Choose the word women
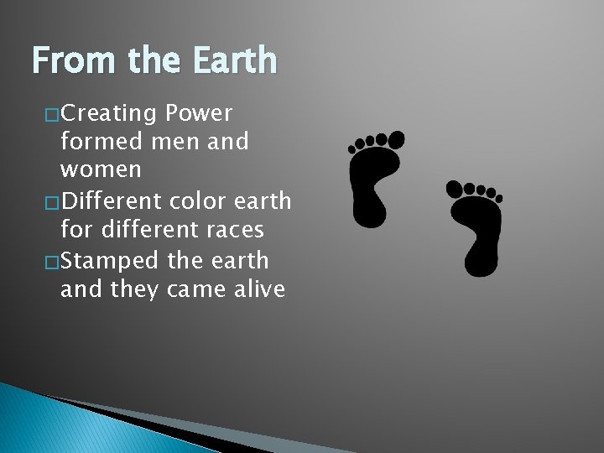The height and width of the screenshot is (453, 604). pyautogui.click(x=99, y=170)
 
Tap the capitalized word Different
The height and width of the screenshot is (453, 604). pyautogui.click(x=118, y=200)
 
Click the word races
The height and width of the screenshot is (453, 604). pyautogui.click(x=229, y=230)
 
